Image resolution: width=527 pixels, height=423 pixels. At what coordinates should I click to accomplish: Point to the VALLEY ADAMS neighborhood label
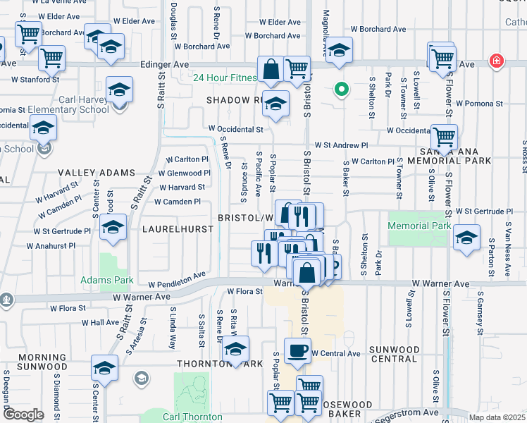(96, 173)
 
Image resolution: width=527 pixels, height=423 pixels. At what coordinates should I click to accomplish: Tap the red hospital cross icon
(497, 61)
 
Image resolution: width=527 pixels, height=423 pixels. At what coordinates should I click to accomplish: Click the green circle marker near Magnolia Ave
(342, 90)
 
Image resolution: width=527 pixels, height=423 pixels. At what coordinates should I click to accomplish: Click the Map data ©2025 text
(497, 417)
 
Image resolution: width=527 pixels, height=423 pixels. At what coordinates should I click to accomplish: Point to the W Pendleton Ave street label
(177, 279)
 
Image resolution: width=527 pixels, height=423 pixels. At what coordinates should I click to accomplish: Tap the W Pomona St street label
(479, 103)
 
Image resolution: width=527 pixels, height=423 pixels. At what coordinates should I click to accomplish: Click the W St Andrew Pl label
(341, 145)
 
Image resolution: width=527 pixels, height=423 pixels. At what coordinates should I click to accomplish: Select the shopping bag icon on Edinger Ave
(271, 70)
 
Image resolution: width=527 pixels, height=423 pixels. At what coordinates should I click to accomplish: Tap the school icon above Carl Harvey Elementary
(119, 91)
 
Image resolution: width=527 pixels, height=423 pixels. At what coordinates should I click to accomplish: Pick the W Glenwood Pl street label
(184, 173)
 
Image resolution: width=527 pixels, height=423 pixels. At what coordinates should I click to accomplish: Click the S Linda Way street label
(171, 331)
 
